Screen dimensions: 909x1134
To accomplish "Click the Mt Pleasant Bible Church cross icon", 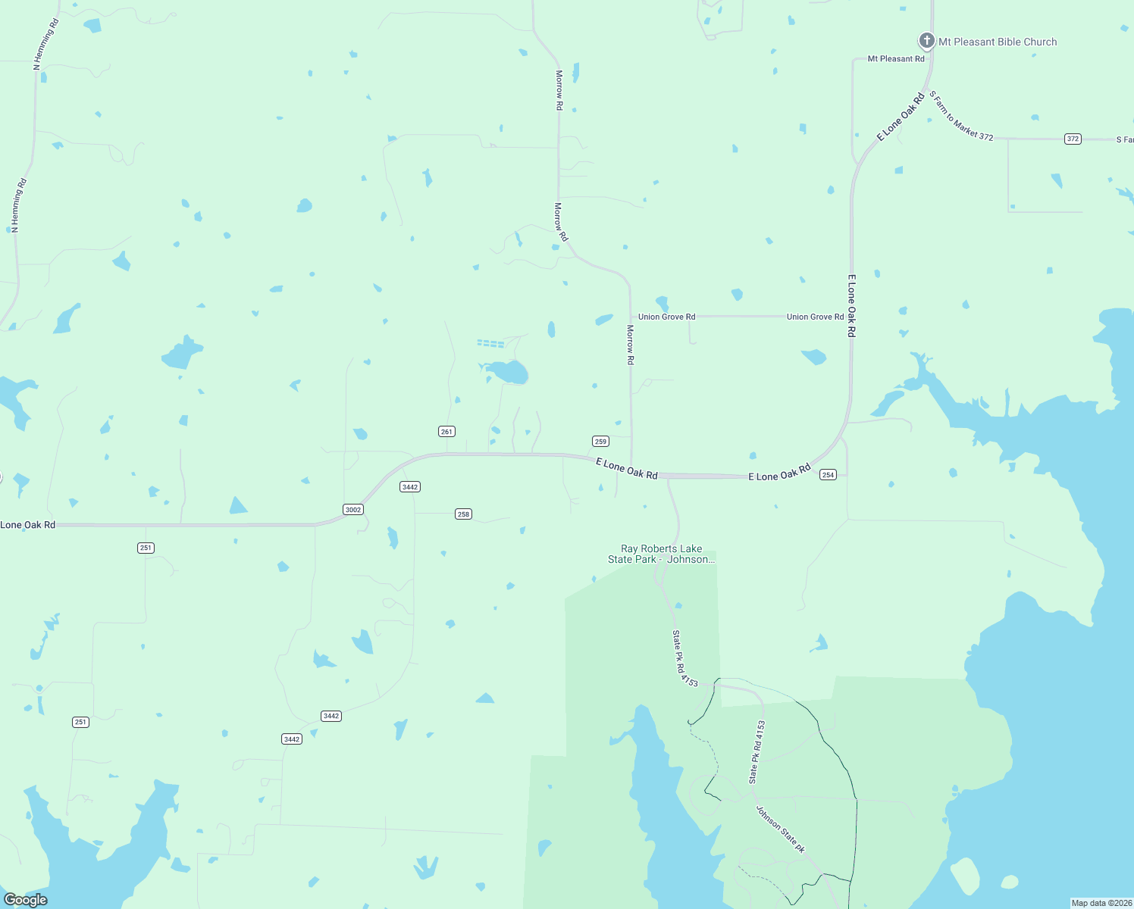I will click(926, 41).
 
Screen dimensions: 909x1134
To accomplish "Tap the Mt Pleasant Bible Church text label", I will click(998, 42).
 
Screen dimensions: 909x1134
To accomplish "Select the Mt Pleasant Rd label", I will click(896, 59).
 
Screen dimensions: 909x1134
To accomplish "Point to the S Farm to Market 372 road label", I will click(961, 116).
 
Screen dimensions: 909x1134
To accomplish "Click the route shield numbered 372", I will click(1073, 139).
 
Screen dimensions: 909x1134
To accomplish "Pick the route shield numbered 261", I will click(446, 432).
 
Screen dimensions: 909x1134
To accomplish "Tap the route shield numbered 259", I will click(600, 442).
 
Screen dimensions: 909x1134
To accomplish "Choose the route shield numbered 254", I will click(828, 475).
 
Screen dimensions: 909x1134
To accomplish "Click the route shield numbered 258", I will click(463, 514).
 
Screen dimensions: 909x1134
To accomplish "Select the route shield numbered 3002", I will click(353, 510).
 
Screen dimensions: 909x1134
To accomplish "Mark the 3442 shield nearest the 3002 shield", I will click(410, 487).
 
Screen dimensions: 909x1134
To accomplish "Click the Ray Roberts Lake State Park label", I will click(661, 554).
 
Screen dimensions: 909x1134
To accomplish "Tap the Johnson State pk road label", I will click(780, 829).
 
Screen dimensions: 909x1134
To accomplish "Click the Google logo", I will click(26, 900).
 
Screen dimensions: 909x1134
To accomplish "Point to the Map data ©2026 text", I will click(1101, 903).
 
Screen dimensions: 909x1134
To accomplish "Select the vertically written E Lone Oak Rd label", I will click(852, 306).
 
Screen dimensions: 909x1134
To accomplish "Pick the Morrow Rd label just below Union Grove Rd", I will click(630, 345).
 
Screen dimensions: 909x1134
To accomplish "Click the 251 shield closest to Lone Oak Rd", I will click(146, 548).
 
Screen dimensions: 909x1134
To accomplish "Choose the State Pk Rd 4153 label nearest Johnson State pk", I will click(757, 751).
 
